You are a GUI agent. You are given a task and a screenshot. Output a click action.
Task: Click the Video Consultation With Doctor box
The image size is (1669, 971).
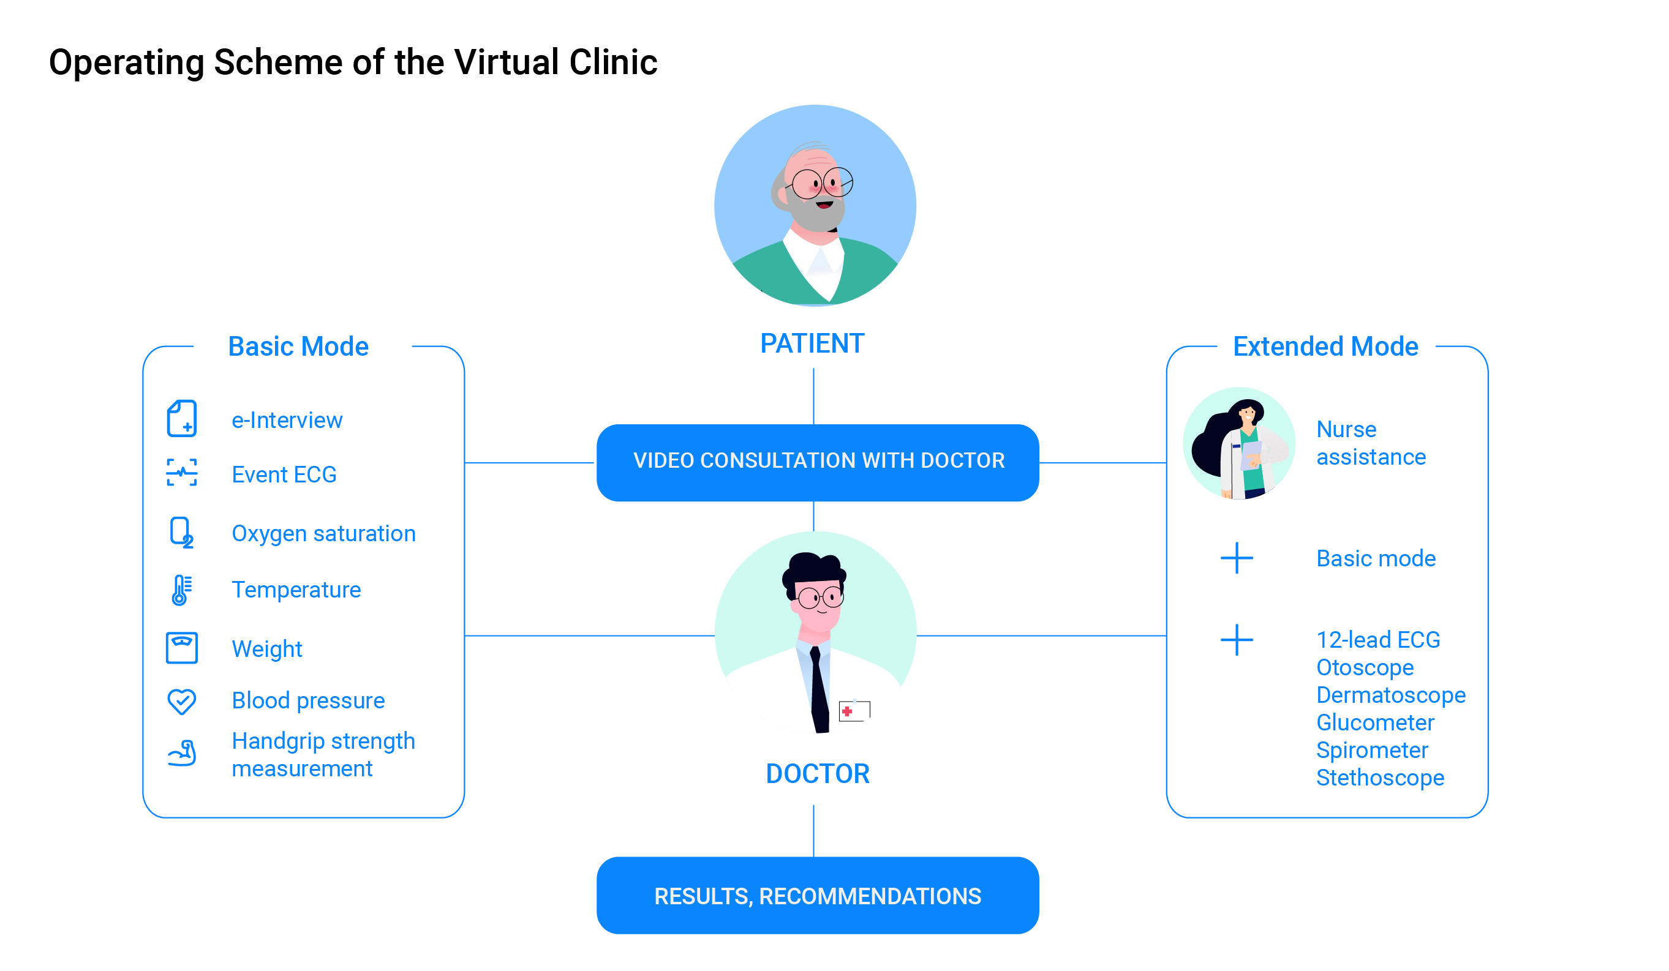817,463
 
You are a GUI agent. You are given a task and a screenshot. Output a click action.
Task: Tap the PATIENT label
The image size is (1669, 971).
812,343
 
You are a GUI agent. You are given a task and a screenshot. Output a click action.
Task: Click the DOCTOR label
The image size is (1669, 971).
817,773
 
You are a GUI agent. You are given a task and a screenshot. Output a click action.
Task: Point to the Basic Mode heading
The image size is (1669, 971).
298,346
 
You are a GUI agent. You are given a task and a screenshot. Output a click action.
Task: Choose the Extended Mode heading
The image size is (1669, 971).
1325,346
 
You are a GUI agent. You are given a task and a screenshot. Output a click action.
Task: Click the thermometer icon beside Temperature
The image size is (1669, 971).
180,590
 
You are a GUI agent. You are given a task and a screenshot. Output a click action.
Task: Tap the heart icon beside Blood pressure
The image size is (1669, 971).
181,701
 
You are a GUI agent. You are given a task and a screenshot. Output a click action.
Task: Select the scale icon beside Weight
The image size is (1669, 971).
181,648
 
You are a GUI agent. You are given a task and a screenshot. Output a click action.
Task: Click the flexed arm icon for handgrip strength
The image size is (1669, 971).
181,753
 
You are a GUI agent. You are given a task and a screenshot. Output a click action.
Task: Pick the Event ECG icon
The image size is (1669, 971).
181,473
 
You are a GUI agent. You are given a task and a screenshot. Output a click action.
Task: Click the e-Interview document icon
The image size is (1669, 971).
181,418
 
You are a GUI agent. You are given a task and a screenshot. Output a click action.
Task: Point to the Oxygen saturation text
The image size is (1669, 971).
323,533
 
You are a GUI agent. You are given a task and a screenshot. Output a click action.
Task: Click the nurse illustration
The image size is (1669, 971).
1239,443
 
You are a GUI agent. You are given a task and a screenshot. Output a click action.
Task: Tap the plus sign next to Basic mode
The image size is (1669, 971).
1237,558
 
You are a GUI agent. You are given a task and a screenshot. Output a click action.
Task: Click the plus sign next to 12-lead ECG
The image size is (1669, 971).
1237,640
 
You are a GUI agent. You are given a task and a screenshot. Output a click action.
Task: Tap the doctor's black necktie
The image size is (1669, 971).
819,692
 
